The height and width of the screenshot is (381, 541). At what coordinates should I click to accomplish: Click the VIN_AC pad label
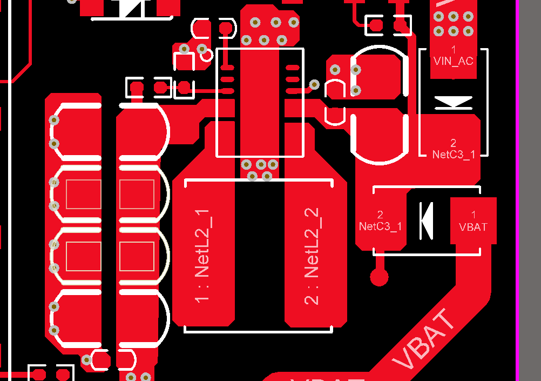tap(453, 62)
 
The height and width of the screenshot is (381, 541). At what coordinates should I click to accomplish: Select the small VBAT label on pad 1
tap(472, 227)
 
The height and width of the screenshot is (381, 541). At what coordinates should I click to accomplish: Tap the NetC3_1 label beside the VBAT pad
tap(380, 226)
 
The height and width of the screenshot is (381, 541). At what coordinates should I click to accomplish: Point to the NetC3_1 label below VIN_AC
tap(454, 155)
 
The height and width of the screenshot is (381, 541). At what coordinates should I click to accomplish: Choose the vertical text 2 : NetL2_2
tap(313, 256)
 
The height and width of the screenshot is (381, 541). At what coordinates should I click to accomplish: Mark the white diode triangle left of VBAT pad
tap(427, 220)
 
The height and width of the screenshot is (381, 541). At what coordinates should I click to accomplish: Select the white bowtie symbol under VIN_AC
tap(453, 102)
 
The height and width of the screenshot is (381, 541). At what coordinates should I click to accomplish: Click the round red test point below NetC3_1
tap(379, 277)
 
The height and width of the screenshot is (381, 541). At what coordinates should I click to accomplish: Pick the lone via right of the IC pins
tap(314, 84)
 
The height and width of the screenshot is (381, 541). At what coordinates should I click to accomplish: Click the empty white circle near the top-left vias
tap(206, 55)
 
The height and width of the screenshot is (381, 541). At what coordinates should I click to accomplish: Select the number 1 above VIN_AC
tap(453, 50)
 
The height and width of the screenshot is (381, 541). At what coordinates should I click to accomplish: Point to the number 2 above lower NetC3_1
tap(380, 215)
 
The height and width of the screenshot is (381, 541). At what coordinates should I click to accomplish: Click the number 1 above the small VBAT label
tap(473, 215)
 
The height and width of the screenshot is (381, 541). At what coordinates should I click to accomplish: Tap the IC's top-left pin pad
tap(228, 68)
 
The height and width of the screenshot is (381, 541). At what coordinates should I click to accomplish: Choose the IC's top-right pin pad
tap(292, 68)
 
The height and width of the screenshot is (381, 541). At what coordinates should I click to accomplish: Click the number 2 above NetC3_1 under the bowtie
tap(453, 143)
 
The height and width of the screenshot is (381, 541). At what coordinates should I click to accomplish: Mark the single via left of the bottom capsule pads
tap(86, 359)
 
